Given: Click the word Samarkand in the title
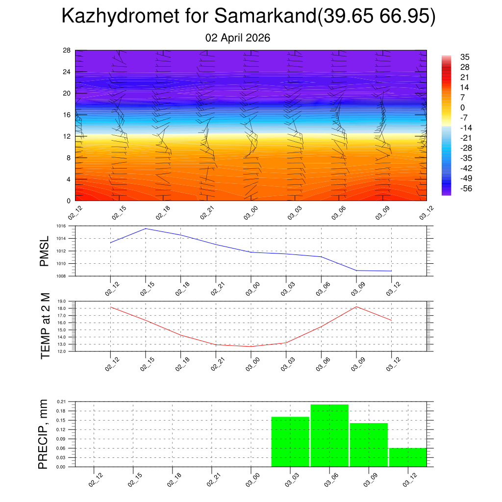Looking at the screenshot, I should click(x=265, y=17).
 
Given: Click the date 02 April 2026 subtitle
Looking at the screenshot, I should click(x=238, y=38).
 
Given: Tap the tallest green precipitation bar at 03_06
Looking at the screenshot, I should click(x=329, y=435).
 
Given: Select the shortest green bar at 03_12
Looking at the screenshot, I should click(x=408, y=457).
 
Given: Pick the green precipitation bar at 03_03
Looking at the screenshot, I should click(x=290, y=442).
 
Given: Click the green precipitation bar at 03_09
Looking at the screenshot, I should click(x=369, y=445).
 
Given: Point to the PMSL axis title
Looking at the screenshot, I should click(x=45, y=251).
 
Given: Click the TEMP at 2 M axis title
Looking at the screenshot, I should click(x=46, y=326).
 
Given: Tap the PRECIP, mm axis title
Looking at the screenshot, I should click(x=44, y=434).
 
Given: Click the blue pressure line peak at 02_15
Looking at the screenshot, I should click(x=146, y=228).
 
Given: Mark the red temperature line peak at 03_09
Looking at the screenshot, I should click(x=356, y=307).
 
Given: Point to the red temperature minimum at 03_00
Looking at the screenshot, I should click(x=251, y=347).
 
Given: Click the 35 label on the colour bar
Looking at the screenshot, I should click(x=465, y=57).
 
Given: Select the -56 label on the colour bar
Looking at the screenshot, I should click(x=466, y=188).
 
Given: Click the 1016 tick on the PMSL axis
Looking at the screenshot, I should click(x=61, y=226).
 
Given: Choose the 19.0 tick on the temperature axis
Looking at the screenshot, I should click(x=61, y=301).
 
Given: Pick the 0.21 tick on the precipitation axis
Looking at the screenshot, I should click(x=61, y=402).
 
